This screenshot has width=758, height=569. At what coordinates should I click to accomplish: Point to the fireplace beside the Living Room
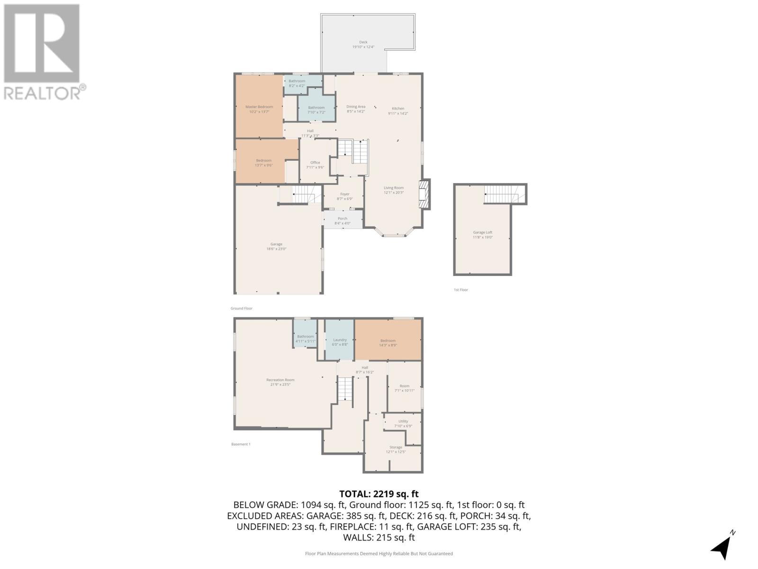click(424, 194)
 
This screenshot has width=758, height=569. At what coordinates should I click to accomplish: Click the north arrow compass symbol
click(722, 546)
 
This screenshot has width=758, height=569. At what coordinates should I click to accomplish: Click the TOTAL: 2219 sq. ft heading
click(379, 494)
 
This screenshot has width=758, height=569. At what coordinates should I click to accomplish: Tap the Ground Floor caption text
click(242, 308)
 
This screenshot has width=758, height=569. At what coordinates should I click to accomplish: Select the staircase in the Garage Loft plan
click(504, 194)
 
